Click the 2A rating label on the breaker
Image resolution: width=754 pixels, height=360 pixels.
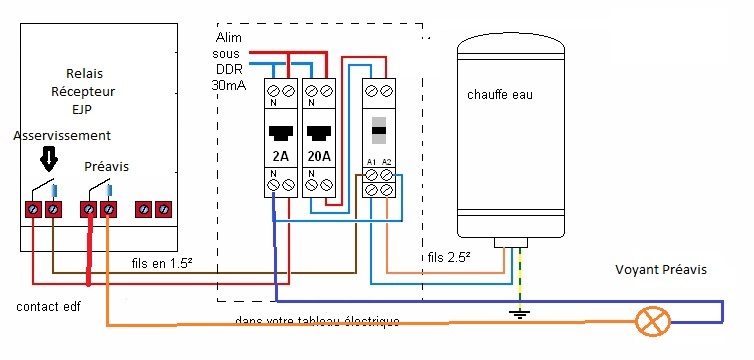pos(281,156)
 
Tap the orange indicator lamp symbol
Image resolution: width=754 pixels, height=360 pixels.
pos(653,322)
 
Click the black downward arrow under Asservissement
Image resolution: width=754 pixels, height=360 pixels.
pos(45,157)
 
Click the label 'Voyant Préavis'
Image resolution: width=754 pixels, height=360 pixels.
pos(660,270)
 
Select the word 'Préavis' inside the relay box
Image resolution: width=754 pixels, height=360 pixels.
pos(106,166)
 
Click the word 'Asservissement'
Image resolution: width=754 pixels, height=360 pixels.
pos(62,134)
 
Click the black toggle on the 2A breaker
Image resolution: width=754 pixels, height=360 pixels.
pos(281,131)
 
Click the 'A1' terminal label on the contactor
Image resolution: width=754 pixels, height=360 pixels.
pos(371,160)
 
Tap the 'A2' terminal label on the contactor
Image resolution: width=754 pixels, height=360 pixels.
pos(387,160)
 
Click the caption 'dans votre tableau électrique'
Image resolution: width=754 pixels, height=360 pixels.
pos(317,321)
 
